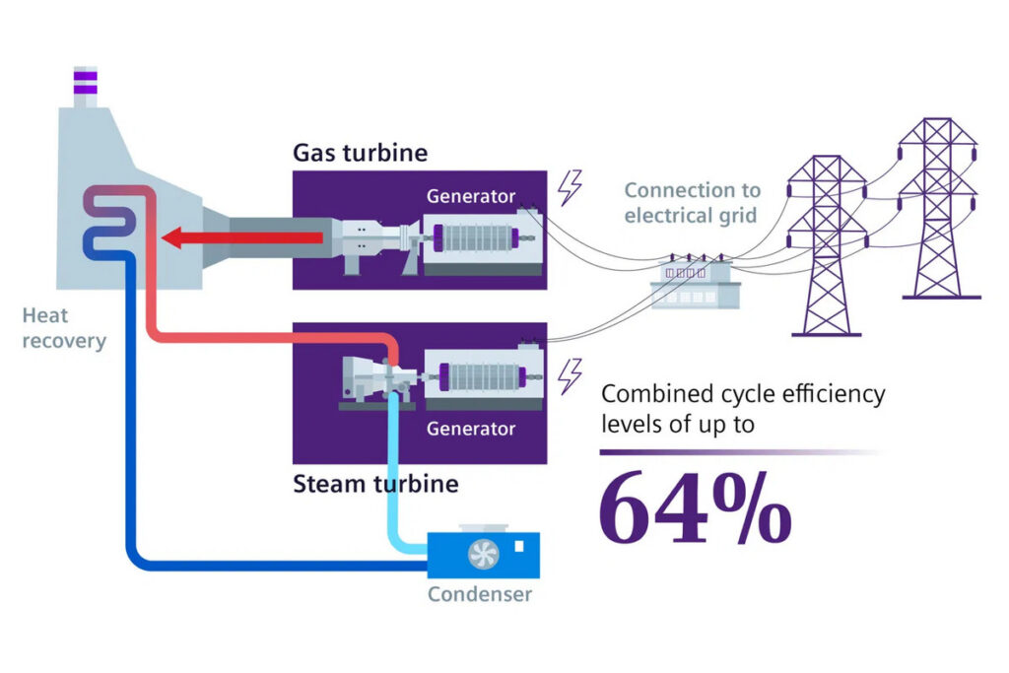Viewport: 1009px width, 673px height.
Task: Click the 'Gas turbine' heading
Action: [360, 153]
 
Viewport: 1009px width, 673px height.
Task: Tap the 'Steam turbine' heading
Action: [375, 483]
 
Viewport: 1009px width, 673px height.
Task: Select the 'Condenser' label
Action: [480, 594]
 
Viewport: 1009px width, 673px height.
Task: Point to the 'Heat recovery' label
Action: [64, 328]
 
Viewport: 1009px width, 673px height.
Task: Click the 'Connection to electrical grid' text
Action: [693, 202]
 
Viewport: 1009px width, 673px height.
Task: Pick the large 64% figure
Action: [695, 507]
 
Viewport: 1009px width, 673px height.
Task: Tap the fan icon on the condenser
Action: [483, 554]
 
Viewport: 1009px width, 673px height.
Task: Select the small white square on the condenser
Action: [519, 546]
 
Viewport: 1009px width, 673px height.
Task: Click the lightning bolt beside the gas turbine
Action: [570, 187]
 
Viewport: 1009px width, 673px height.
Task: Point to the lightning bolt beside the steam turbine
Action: [570, 375]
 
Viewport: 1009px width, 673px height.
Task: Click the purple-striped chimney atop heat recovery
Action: [86, 86]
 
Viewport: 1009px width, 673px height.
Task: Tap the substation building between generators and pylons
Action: [696, 283]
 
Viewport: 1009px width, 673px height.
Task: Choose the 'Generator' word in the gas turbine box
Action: [470, 196]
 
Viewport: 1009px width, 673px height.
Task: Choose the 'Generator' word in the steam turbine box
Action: [470, 429]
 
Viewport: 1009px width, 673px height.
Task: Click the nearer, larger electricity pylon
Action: [827, 245]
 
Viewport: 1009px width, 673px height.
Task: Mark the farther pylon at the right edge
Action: [939, 208]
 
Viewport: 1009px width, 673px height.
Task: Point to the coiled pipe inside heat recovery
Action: [109, 223]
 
